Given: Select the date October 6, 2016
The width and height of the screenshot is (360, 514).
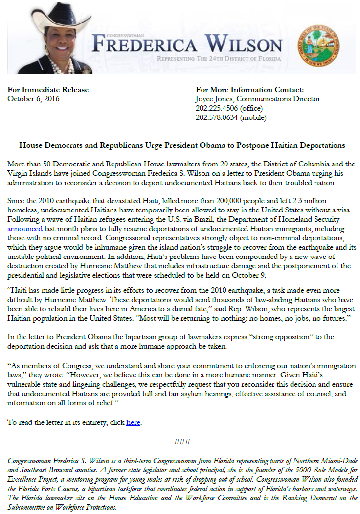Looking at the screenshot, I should (x=33, y=98).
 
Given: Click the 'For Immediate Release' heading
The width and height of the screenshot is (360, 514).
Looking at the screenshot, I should (x=48, y=90).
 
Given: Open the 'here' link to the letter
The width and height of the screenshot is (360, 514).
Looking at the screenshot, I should (x=133, y=422).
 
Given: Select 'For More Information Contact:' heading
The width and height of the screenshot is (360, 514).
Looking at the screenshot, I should (x=249, y=90).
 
